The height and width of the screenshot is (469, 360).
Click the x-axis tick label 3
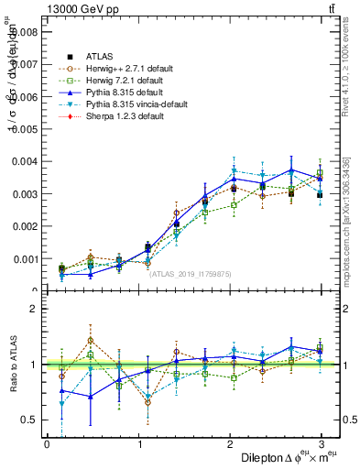[321, 444]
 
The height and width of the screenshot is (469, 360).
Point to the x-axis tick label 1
[138, 444]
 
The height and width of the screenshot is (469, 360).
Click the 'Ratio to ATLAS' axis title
[12, 364]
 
